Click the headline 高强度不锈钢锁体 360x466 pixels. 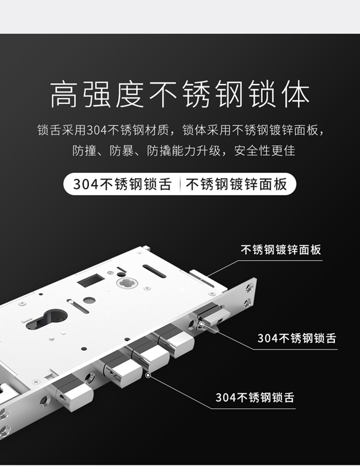coord(179,97)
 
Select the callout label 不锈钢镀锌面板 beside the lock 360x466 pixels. coord(280,250)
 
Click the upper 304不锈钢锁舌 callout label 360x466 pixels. coord(296,338)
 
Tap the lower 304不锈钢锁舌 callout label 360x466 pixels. coord(254,397)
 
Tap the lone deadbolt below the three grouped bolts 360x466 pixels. coord(75,392)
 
